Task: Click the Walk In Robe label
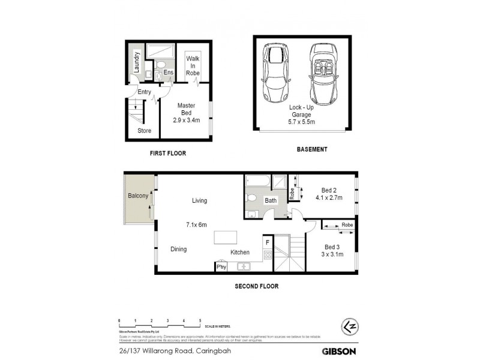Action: click(x=193, y=65)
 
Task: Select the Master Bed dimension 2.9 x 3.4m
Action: click(x=186, y=120)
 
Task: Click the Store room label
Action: click(x=145, y=130)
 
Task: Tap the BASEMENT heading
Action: click(x=311, y=149)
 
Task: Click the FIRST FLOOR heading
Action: click(x=167, y=154)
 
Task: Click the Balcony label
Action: click(x=137, y=196)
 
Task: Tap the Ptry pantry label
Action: click(x=221, y=267)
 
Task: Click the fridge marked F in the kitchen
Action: click(x=267, y=242)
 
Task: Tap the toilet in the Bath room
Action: click(x=253, y=197)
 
